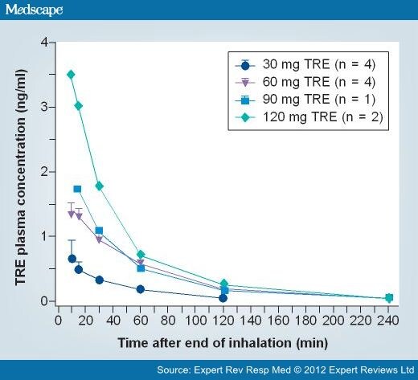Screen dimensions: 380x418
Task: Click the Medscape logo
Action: pyautogui.click(x=35, y=10)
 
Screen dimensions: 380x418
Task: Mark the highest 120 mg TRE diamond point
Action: pyautogui.click(x=71, y=74)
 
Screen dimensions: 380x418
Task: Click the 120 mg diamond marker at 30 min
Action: pyautogui.click(x=99, y=186)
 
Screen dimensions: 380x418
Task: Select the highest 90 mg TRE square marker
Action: pyautogui.click(x=77, y=189)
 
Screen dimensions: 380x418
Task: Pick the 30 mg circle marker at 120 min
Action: pyautogui.click(x=223, y=298)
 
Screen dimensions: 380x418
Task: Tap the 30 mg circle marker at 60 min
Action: pyautogui.click(x=141, y=289)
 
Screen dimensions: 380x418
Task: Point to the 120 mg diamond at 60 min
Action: pyautogui.click(x=141, y=255)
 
